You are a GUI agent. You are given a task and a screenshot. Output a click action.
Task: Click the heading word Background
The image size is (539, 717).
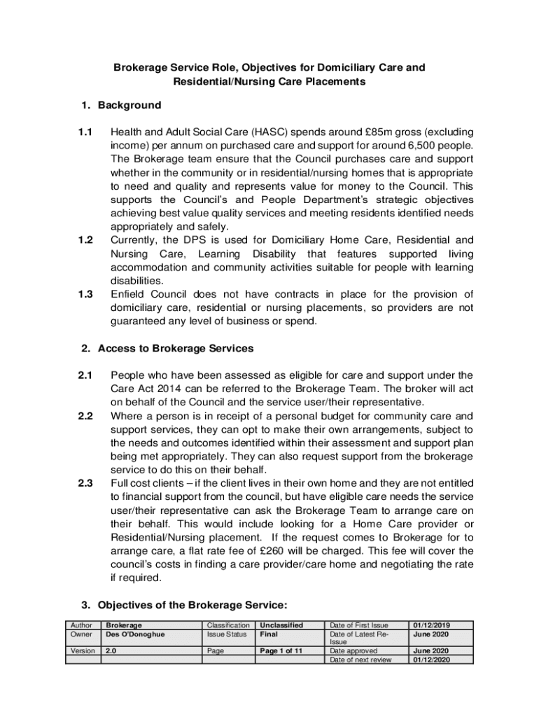click(x=129, y=106)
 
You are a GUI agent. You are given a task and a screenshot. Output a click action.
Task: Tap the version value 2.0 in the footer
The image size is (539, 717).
click(x=111, y=650)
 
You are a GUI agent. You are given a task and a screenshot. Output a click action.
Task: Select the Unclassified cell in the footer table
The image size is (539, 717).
click(x=281, y=625)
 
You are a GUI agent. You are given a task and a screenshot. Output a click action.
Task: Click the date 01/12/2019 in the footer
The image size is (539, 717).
click(x=431, y=625)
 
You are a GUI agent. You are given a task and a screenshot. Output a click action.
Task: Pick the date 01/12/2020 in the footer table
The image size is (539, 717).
click(x=431, y=660)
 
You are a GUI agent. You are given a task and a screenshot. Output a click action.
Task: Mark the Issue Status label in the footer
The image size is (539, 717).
click(x=227, y=634)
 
